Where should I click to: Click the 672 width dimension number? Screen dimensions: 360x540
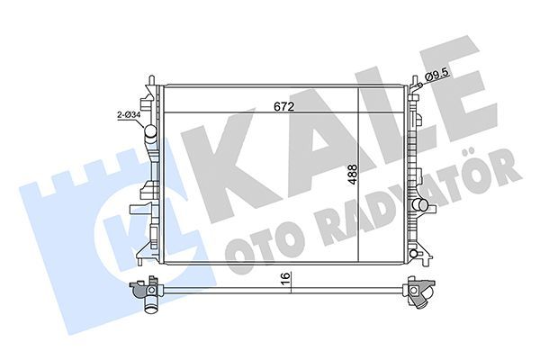[x=284, y=106]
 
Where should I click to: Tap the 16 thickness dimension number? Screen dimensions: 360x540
[x=283, y=278]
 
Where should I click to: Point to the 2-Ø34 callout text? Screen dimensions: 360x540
[x=128, y=115]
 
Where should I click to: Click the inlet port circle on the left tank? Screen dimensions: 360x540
[x=150, y=136]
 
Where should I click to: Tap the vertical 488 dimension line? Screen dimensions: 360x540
[x=359, y=216]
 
